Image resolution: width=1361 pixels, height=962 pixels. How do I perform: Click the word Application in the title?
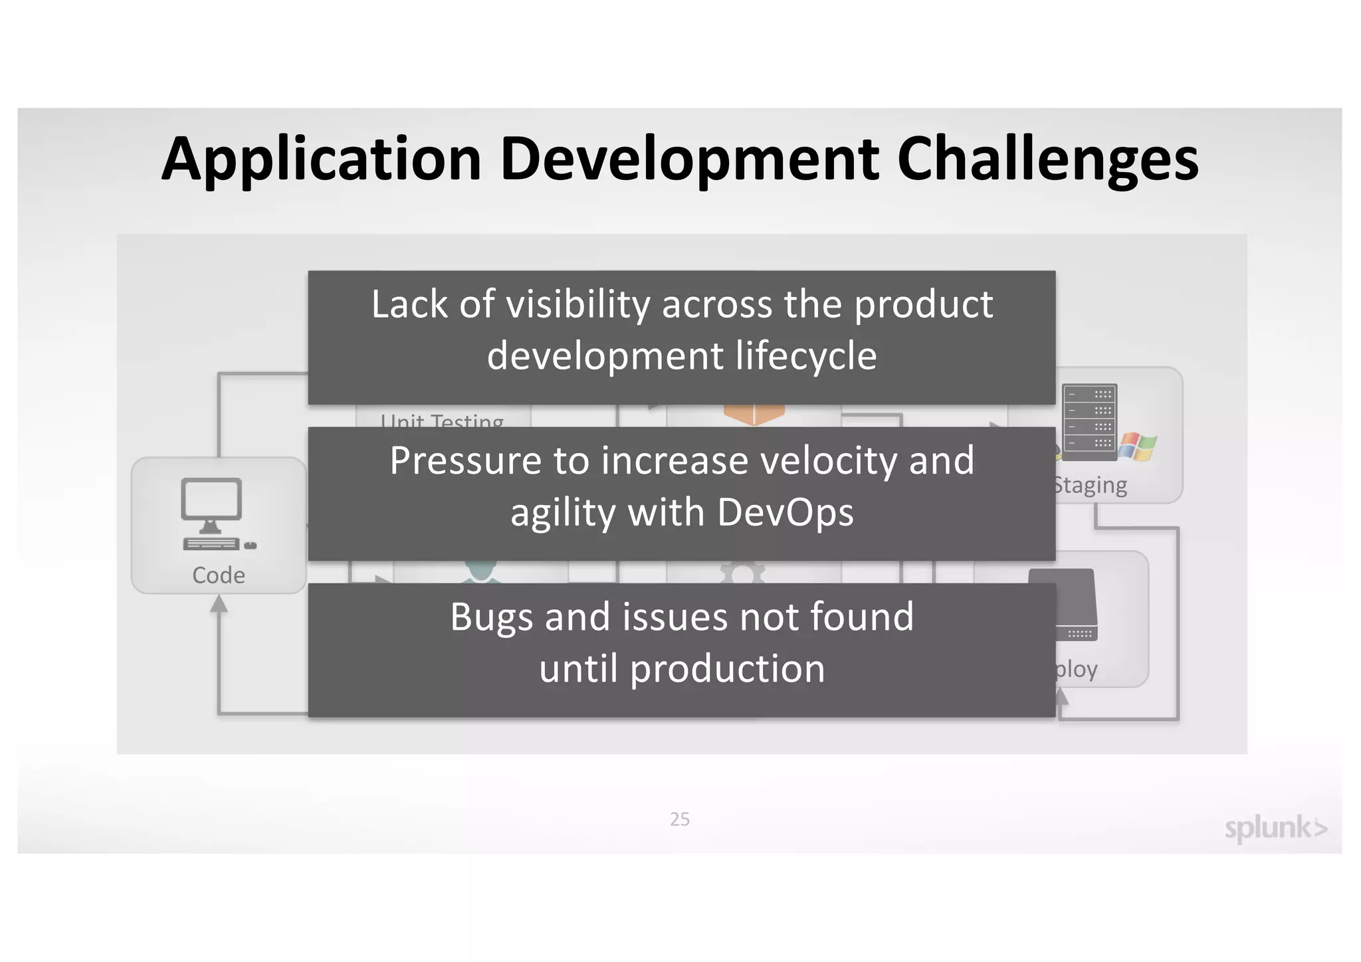pos(321,159)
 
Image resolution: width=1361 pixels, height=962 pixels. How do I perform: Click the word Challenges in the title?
pos(1047,159)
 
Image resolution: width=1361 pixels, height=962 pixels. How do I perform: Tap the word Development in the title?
pos(689,159)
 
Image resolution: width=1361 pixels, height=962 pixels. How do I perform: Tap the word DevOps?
pos(785,513)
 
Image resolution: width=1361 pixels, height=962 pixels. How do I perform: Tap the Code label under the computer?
pos(219,575)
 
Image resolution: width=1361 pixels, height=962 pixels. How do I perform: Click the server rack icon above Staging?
pos(1089,423)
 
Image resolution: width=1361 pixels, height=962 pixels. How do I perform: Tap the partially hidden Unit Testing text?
pos(442,420)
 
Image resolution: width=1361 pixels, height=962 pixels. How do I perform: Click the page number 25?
pos(679,819)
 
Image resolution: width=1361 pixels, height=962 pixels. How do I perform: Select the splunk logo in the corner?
pos(1275,828)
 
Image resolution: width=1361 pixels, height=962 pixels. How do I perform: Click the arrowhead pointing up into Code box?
pos(219,604)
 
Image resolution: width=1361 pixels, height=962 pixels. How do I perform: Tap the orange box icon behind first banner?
pos(754,414)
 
